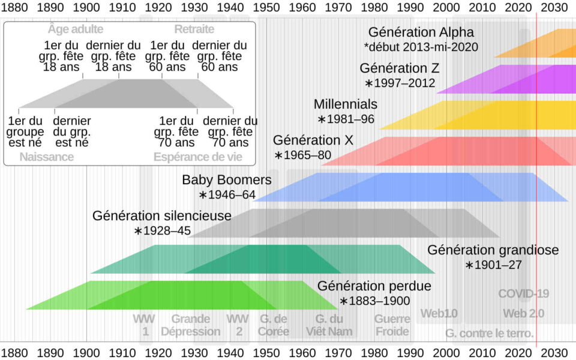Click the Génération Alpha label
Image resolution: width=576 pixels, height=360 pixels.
pos(421,32)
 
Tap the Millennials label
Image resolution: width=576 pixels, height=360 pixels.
pos(346,104)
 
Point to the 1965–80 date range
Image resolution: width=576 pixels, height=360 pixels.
pos(303,155)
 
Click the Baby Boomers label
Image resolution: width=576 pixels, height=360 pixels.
pos(227,180)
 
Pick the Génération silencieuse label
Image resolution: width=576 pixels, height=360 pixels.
pos(162,215)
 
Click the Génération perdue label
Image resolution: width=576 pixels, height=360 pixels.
pos(374,286)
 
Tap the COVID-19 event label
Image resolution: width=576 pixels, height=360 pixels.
pos(524,294)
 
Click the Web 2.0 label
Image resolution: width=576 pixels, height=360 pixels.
pos(523,313)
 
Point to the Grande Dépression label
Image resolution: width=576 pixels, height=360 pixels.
pos(190,325)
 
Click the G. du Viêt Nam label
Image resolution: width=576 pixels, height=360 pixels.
pos(329,325)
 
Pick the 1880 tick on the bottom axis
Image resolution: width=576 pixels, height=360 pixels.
pos(14,352)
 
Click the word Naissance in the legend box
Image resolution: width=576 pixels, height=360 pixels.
pos(46,157)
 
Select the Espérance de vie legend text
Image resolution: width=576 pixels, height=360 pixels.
pos(198,157)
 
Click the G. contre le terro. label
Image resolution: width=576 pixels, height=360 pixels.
pos(489,333)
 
